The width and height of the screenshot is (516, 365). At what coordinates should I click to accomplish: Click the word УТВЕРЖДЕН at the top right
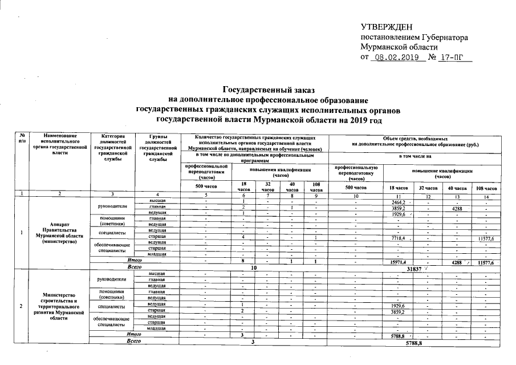385,27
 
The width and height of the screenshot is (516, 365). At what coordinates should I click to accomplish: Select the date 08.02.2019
398,58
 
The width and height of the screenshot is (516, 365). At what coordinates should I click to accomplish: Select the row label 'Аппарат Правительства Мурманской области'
60,233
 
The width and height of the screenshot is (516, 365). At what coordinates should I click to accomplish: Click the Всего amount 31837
414,267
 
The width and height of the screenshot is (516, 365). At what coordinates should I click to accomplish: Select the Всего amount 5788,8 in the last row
414,343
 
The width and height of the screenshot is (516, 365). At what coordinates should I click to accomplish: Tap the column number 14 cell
486,197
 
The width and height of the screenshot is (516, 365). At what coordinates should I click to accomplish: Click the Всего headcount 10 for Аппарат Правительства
254,267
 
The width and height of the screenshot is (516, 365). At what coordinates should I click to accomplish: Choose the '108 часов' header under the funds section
486,188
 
